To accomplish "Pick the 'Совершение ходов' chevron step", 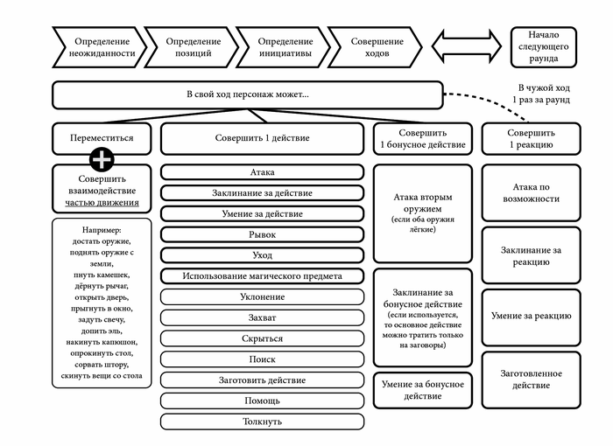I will pos(377,47).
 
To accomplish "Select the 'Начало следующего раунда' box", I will pos(543,47).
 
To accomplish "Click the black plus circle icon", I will pos(102,159).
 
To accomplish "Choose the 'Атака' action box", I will pos(262,172).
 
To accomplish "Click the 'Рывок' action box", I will pos(262,234).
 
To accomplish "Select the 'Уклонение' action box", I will pos(262,296).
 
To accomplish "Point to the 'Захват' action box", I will pos(262,317).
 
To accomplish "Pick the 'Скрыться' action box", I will pos(262,338).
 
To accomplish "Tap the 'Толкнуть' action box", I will pos(262,422).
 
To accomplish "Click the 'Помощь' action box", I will pos(262,401).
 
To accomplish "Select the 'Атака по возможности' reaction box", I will pos(532,192).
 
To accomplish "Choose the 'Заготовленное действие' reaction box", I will pos(532,380).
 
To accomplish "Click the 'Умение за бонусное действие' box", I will pos(423,390).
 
